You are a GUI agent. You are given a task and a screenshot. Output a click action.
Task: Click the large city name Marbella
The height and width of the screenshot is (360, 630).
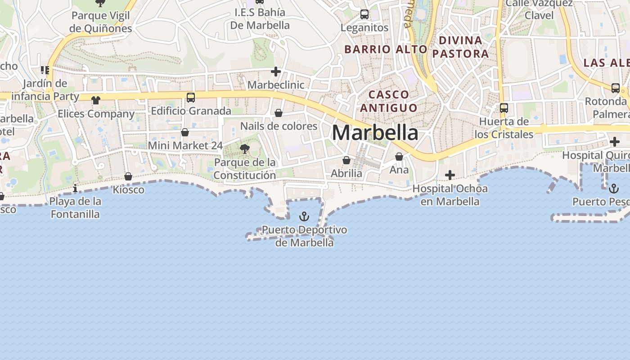click(375, 133)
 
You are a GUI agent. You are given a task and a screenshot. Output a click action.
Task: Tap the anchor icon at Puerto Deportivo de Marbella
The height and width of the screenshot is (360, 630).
click(305, 217)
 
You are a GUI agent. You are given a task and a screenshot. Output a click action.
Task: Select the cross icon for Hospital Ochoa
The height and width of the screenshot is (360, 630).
click(450, 175)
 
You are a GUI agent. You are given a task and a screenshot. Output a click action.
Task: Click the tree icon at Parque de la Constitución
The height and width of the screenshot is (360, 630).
click(245, 149)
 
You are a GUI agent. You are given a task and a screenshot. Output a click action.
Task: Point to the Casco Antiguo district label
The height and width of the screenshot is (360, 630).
click(389, 101)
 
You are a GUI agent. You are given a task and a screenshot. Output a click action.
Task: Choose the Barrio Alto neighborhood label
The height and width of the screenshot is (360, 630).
click(386, 49)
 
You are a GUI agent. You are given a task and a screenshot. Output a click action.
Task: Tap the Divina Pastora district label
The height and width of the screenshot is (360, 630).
click(460, 47)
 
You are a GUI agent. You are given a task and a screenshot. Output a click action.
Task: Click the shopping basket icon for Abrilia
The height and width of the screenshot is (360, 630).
click(346, 160)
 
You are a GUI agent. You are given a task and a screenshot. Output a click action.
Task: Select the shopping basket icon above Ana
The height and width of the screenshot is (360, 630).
click(399, 157)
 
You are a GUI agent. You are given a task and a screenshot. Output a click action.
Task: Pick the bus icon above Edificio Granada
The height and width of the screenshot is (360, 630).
click(191, 97)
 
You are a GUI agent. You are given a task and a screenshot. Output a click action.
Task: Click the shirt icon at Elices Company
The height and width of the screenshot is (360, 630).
click(96, 100)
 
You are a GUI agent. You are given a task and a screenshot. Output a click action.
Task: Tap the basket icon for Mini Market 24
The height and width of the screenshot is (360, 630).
click(185, 132)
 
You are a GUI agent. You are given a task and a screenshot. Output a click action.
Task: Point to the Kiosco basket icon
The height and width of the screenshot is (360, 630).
click(128, 176)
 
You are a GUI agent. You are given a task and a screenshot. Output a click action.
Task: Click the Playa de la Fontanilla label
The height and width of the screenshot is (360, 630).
click(75, 207)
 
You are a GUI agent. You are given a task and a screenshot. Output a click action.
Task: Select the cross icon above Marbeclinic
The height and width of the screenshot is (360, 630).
click(276, 72)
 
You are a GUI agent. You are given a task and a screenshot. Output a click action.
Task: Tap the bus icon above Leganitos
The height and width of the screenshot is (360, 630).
click(364, 14)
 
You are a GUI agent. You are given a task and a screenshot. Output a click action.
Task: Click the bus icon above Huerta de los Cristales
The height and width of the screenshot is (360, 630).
click(504, 108)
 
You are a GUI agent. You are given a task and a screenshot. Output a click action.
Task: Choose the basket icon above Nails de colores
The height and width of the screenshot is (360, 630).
click(279, 113)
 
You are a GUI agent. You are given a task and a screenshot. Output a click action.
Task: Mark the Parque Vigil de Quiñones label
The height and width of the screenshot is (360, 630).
click(101, 22)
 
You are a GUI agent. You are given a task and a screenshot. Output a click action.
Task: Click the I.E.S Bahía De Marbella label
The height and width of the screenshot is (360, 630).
click(260, 18)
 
